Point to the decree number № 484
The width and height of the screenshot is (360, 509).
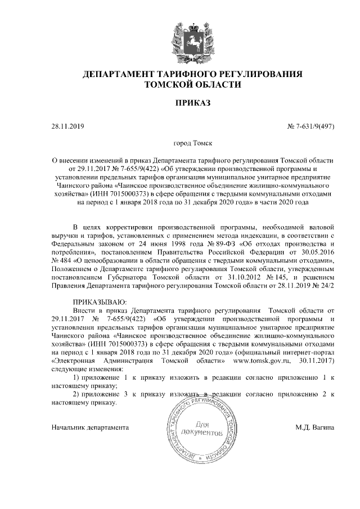(x=60, y=261)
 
